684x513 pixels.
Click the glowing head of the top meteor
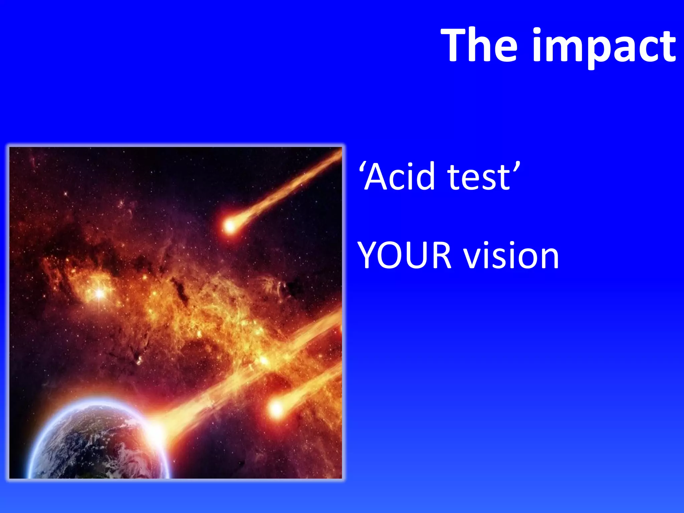230,226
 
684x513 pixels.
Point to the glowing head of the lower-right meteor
276,408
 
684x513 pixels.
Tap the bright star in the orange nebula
100,293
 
